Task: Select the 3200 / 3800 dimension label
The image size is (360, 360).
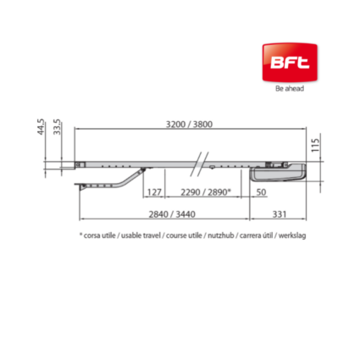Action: [x=189, y=124]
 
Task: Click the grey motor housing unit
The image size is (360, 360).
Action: [x=279, y=173]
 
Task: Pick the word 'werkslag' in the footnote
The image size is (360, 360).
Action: [x=291, y=235]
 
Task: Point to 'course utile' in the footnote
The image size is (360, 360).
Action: [x=187, y=235]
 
